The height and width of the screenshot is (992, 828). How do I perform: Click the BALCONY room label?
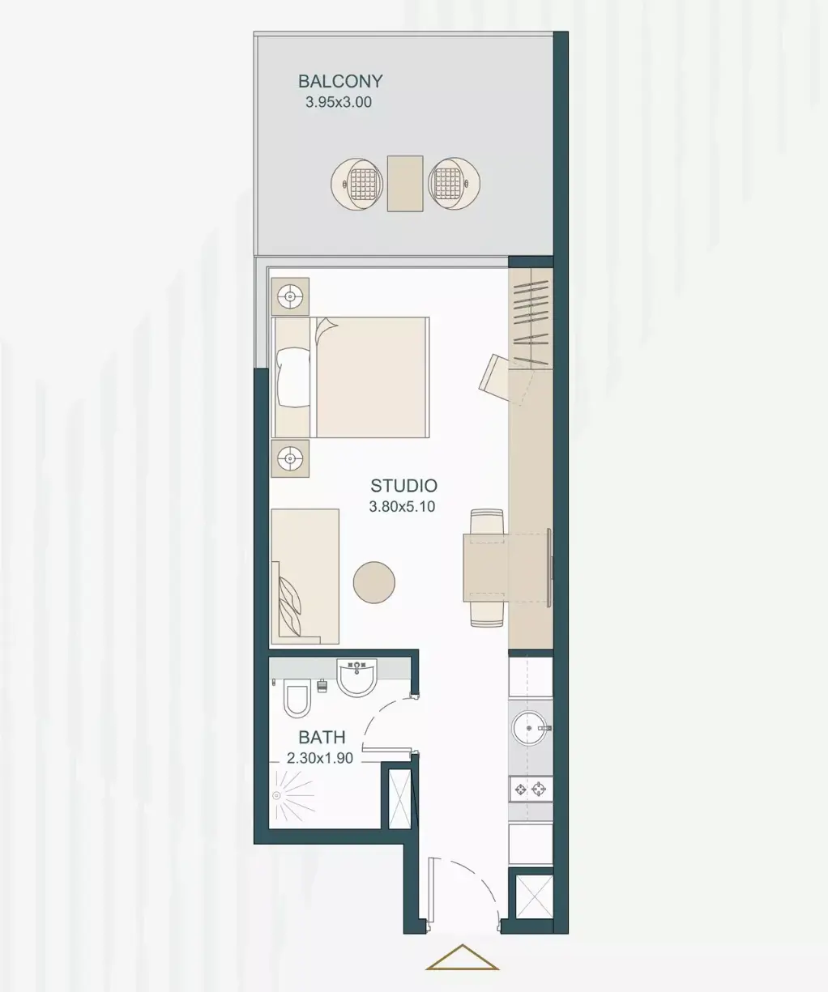point(340,82)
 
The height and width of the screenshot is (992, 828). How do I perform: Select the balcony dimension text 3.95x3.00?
point(339,102)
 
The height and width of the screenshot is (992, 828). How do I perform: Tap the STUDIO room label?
point(404,486)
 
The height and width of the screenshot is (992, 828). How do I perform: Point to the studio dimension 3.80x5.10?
point(402,507)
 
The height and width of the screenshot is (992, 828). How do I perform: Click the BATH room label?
point(322,738)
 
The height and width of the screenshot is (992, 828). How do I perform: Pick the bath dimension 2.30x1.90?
point(320,758)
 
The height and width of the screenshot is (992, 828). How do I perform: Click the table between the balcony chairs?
point(405,183)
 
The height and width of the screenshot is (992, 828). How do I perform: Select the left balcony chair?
point(357,183)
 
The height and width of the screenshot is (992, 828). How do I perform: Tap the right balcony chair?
point(454,183)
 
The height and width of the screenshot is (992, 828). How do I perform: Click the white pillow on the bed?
point(292,377)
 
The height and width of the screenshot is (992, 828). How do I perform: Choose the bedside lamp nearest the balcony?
point(290,296)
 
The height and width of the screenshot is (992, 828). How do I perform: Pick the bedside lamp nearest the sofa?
point(290,458)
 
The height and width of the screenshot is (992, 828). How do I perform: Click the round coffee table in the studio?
point(374,582)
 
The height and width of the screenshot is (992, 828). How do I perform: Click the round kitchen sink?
point(530,728)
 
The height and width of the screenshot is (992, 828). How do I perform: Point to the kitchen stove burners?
point(531,790)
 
